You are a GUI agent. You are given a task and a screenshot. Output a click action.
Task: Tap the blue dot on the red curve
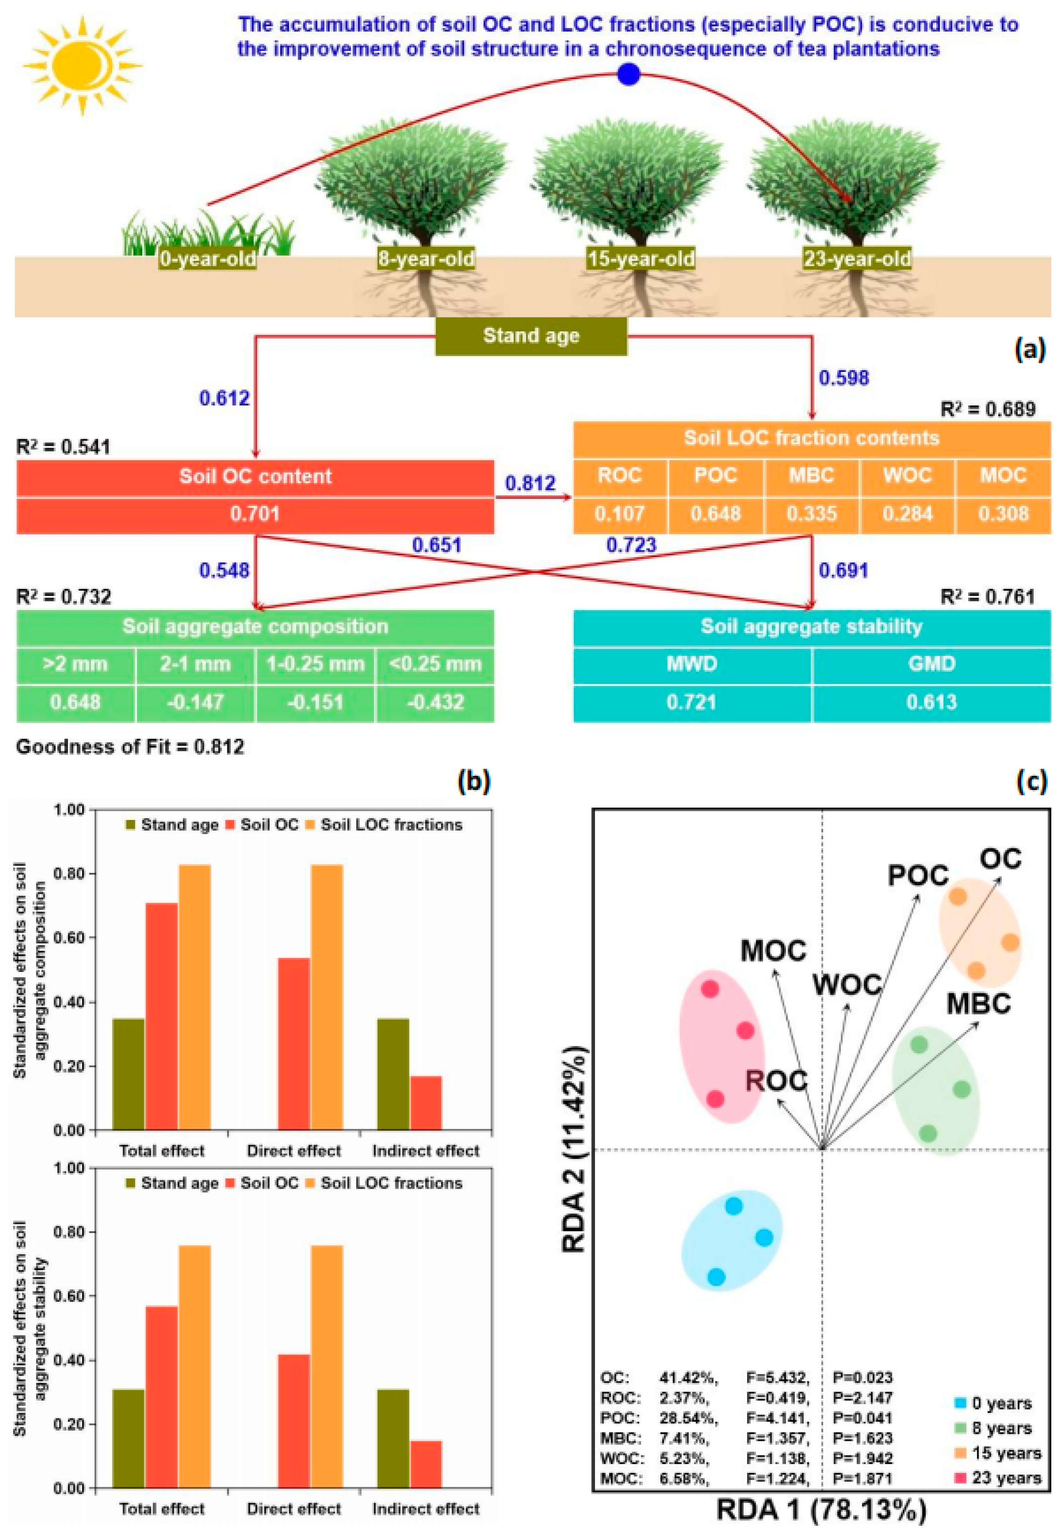pyautogui.click(x=628, y=75)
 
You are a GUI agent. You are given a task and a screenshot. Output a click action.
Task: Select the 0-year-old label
pyautogui.click(x=208, y=258)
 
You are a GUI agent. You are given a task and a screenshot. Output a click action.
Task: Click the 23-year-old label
pyautogui.click(x=857, y=258)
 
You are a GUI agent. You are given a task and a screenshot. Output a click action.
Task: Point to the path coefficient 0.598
pyautogui.click(x=843, y=378)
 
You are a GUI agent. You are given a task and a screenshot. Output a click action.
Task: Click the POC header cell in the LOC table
pyautogui.click(x=715, y=476)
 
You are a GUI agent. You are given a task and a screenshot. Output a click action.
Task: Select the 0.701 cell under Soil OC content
pyautogui.click(x=255, y=513)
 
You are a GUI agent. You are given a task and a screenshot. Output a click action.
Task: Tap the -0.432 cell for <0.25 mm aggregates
pyautogui.click(x=435, y=702)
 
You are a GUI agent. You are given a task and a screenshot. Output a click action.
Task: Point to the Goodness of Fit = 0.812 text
pyautogui.click(x=130, y=747)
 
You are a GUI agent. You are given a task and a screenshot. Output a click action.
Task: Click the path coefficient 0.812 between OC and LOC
pyautogui.click(x=530, y=483)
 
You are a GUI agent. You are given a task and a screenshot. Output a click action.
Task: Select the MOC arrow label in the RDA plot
pyautogui.click(x=773, y=951)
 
